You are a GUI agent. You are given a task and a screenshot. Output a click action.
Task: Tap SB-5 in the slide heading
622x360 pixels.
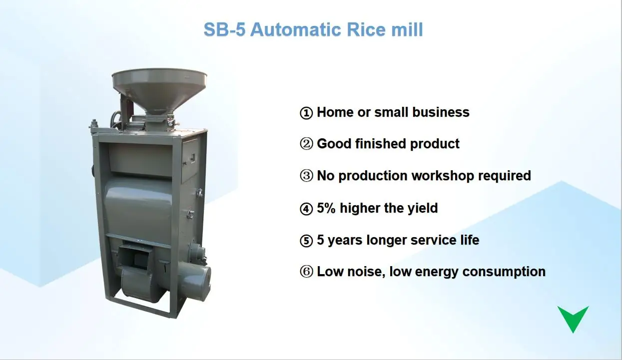pos(224,29)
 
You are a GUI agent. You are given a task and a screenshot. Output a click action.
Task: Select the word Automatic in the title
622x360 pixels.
pos(291,29)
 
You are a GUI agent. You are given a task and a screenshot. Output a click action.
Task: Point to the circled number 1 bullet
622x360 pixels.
pos(306,113)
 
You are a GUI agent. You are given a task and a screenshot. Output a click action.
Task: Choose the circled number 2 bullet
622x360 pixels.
pos(306,145)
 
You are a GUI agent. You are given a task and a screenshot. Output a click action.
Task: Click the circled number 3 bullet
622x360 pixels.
pos(306,177)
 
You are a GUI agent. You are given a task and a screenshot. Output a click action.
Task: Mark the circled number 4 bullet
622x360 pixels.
pos(306,209)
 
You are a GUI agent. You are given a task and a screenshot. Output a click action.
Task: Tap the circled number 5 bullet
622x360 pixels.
pos(306,241)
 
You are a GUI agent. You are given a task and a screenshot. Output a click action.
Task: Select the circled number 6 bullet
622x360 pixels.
pos(306,273)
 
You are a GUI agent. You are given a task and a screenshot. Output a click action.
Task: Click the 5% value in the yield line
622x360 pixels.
pos(327,208)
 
